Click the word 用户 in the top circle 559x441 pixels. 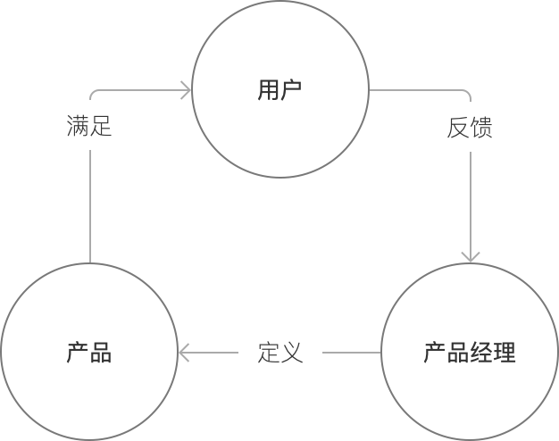point(279,90)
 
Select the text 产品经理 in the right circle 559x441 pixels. point(470,353)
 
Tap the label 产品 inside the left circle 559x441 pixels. point(89,353)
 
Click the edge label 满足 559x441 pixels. point(89,127)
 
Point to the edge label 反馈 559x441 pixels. point(470,128)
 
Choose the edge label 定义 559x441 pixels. point(280,353)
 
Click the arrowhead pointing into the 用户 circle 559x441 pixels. point(187,90)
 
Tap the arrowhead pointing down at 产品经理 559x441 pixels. point(471,256)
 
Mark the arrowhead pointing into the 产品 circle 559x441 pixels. point(184,353)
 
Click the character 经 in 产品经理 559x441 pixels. point(481,353)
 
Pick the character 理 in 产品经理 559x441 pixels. point(505,353)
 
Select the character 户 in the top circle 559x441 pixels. point(291,90)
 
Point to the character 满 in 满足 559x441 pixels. point(78,127)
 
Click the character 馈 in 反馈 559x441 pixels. point(481,128)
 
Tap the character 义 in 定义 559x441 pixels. point(292,353)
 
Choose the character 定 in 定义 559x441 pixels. point(269,353)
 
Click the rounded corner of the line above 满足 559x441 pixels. point(93,93)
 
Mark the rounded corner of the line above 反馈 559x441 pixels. point(467,93)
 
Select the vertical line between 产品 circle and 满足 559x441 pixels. point(90,205)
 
